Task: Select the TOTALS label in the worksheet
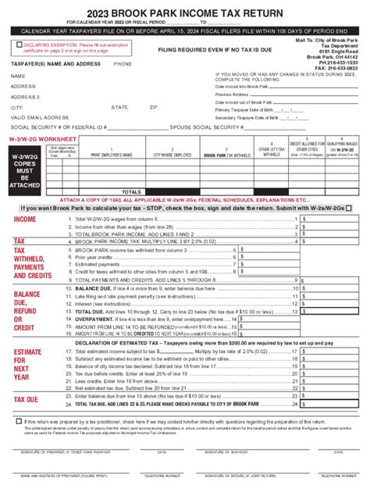(x=131, y=191)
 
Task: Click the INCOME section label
(x=25, y=219)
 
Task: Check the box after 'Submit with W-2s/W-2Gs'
(x=347, y=208)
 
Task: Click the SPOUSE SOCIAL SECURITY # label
(x=203, y=125)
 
